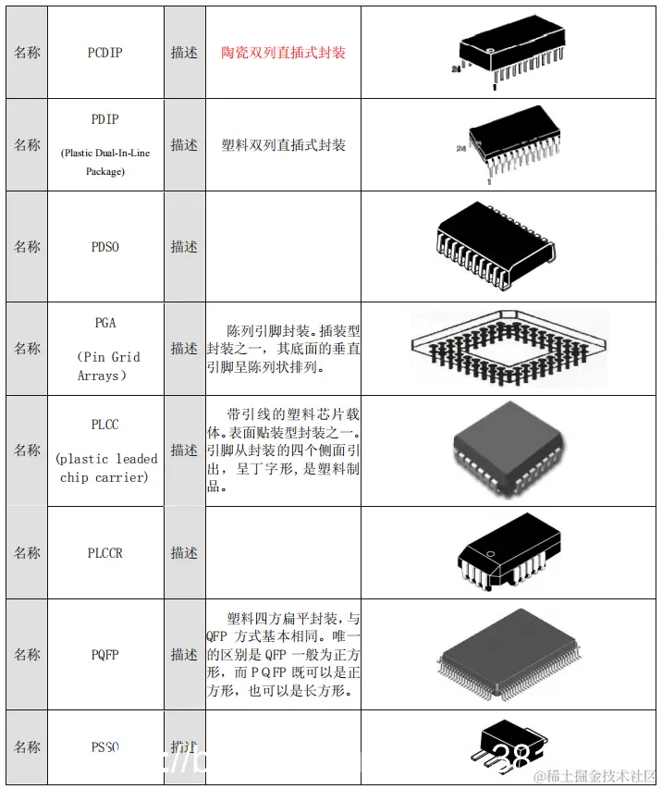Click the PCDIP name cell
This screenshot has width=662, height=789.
tap(104, 53)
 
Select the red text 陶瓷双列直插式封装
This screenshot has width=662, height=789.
tap(283, 53)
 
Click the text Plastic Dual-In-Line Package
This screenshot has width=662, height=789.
tap(104, 162)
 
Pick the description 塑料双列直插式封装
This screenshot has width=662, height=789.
tap(283, 145)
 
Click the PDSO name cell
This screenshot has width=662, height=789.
tap(104, 247)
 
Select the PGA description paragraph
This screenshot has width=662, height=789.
tap(283, 349)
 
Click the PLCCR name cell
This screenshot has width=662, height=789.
tap(104, 553)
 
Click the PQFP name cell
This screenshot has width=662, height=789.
tap(104, 655)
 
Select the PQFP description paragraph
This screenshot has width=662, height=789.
tap(283, 655)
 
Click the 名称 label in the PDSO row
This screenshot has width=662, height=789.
tap(27, 247)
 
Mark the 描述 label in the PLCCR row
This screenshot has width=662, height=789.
tap(184, 553)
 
